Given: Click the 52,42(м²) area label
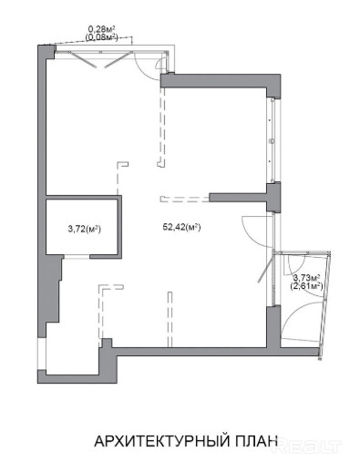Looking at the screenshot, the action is [181, 227].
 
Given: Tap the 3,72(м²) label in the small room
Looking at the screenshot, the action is [85, 229].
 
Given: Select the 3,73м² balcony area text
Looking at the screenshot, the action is [307, 278].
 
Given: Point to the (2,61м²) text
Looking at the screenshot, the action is [306, 286].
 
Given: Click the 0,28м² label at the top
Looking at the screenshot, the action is [101, 29].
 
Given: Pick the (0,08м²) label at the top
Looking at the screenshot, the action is [101, 37].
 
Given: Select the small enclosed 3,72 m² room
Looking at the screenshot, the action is [82, 227].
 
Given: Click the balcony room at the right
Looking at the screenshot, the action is [303, 299].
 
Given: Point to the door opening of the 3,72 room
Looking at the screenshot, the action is [77, 257].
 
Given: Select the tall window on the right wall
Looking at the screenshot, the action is [272, 140].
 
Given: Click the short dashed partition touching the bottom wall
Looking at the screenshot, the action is [170, 319].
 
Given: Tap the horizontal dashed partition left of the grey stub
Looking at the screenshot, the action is [185, 200].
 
